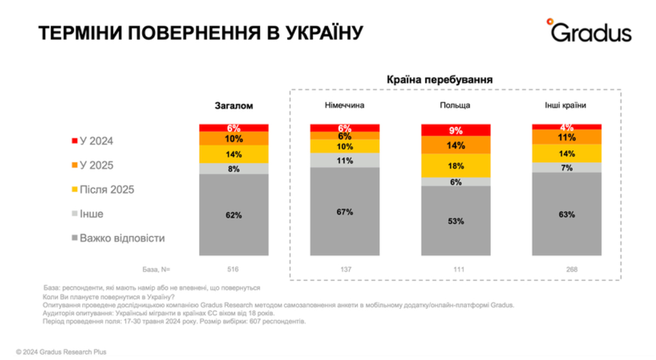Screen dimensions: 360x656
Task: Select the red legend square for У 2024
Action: (x=75, y=141)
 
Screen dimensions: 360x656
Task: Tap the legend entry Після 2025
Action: (x=107, y=190)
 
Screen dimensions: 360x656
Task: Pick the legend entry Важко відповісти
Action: (x=122, y=238)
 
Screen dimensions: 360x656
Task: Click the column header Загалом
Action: (x=234, y=106)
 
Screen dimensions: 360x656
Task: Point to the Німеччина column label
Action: (x=345, y=106)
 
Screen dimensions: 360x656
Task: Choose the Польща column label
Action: (x=456, y=106)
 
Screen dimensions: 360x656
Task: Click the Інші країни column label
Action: (x=567, y=106)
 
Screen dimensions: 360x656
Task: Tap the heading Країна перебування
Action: (x=440, y=79)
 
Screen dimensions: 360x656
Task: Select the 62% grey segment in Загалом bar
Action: (x=234, y=215)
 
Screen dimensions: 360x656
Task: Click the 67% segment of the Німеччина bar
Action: (x=345, y=212)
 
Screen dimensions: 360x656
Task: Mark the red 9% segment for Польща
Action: (x=456, y=130)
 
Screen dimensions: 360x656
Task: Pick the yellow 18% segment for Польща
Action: (x=456, y=165)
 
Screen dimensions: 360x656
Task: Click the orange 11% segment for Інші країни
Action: (x=567, y=137)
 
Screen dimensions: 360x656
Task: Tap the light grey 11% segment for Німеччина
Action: (x=345, y=160)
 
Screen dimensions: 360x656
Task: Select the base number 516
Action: (x=234, y=270)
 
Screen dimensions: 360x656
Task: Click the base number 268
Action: (x=567, y=270)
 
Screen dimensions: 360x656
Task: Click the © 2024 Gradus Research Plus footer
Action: (x=61, y=352)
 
